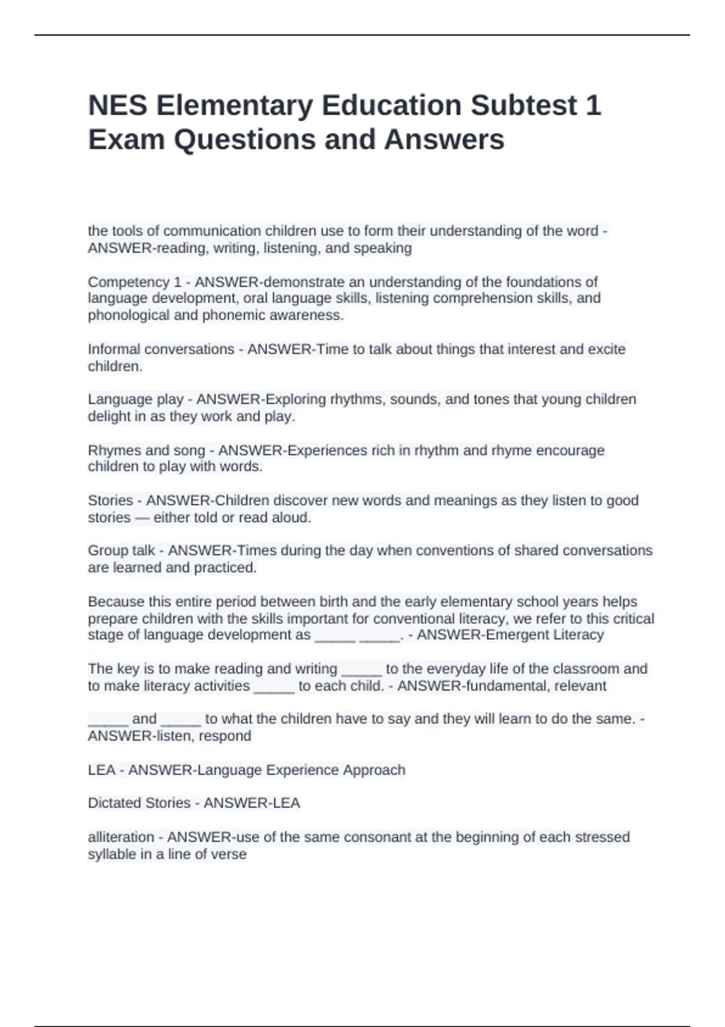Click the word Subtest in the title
point(523,105)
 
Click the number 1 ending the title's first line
point(593,105)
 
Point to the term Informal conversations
point(161,349)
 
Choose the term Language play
point(135,399)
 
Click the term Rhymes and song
point(146,450)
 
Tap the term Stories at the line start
point(110,500)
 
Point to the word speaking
point(385,248)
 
